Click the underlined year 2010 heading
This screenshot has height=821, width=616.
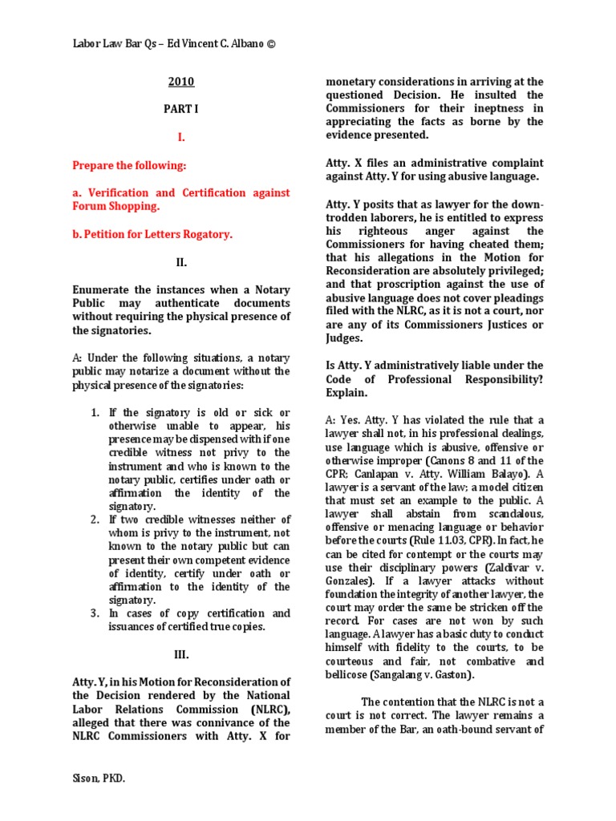(x=180, y=82)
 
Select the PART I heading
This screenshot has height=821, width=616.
(x=180, y=109)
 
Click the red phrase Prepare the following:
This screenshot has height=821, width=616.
(x=129, y=165)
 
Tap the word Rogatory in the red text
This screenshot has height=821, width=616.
(x=207, y=234)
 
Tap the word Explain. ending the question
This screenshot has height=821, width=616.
(x=346, y=394)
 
